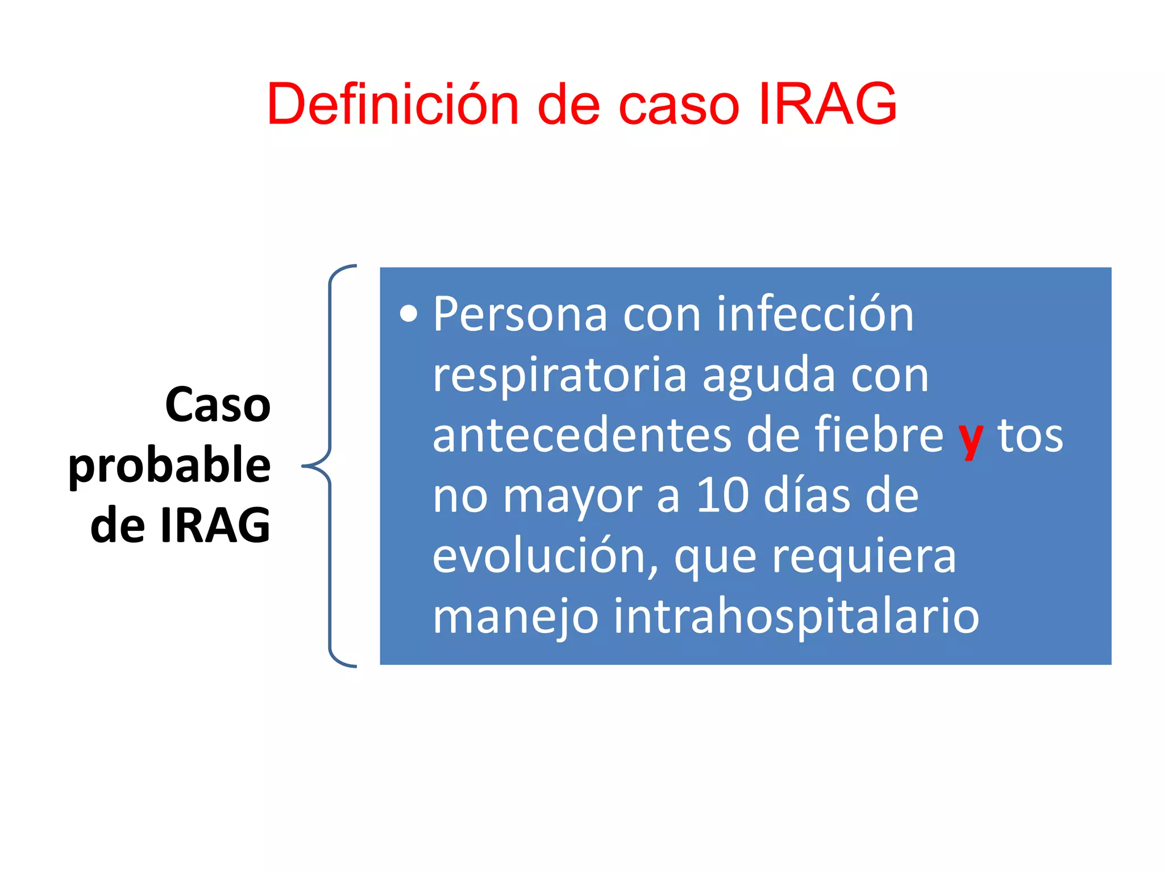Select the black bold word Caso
point(218,405)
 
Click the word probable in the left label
point(169,465)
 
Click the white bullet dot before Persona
point(408,314)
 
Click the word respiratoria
point(559,375)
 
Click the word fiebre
point(879,435)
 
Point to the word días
point(807,496)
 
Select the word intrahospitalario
point(796,616)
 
